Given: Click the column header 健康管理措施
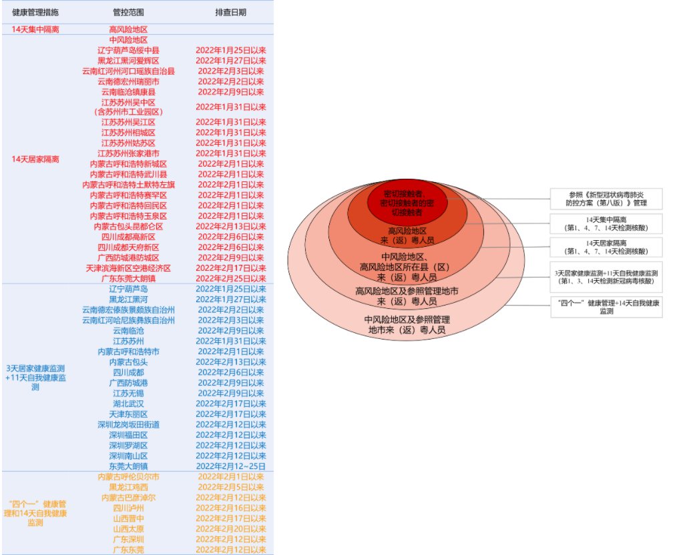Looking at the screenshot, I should [x=35, y=13].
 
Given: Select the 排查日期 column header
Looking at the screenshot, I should [x=230, y=13].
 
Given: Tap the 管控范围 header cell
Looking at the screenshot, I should [x=128, y=13].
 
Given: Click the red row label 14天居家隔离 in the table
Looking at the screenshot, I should [x=35, y=159].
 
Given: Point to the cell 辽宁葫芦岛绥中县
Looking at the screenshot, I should [x=128, y=50].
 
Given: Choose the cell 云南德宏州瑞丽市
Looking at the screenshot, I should [x=128, y=81].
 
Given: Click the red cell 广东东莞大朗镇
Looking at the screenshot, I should [x=128, y=278].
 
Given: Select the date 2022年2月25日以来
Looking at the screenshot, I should [x=230, y=278].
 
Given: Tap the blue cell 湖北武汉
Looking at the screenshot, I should [x=128, y=404].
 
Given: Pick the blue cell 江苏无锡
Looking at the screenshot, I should [x=128, y=393].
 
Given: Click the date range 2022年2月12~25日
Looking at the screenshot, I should [x=230, y=466].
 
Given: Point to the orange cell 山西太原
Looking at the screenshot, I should [x=128, y=528].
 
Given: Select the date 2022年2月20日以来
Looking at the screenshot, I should [x=230, y=528].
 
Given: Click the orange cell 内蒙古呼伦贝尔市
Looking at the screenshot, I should [x=128, y=477].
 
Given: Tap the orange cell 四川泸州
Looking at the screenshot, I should [x=128, y=508].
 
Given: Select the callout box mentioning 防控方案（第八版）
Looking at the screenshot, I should [x=606, y=198].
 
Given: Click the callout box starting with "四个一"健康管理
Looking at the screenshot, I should [x=606, y=307].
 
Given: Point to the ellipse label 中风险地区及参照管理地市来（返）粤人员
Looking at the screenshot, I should [x=407, y=324].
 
